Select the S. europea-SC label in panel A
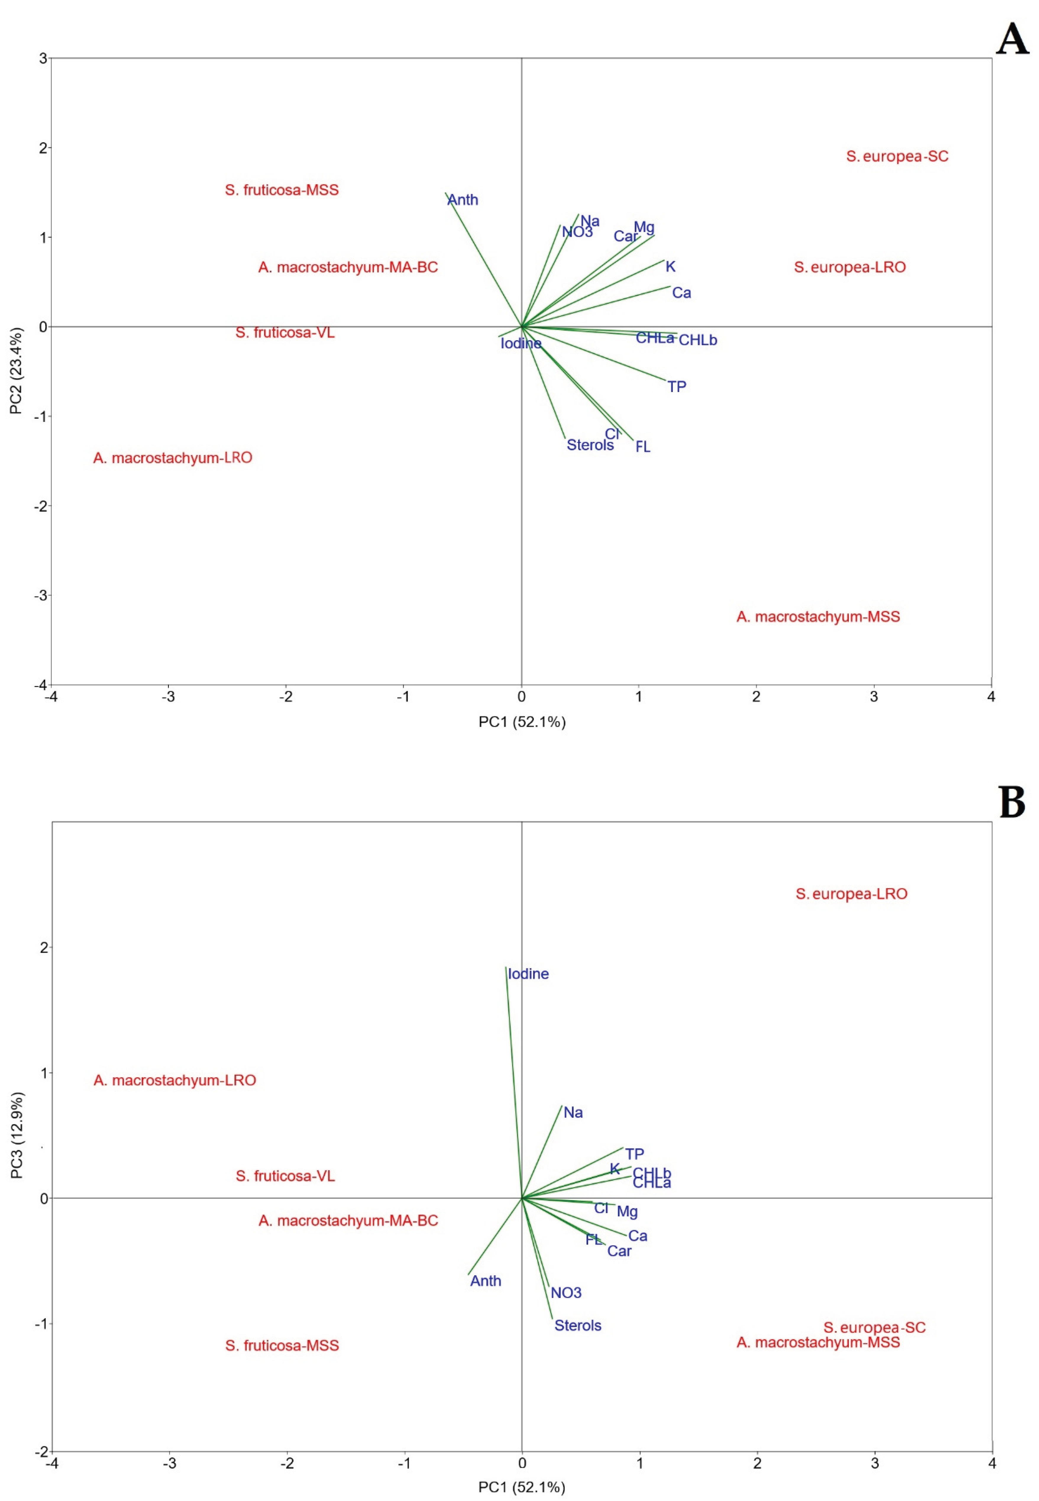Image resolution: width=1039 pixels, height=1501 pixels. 897,156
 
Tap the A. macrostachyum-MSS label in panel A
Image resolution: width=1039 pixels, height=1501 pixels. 818,617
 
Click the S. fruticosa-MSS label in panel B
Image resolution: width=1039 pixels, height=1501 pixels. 282,1345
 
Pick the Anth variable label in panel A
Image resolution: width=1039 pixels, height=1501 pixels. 463,200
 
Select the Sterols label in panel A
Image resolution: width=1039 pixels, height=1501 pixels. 590,445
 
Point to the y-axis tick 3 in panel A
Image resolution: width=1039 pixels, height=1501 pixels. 43,59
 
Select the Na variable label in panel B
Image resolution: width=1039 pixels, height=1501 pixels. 573,1113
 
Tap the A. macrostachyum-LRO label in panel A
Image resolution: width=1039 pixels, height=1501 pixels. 172,458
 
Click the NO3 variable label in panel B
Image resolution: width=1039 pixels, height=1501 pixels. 566,1293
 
